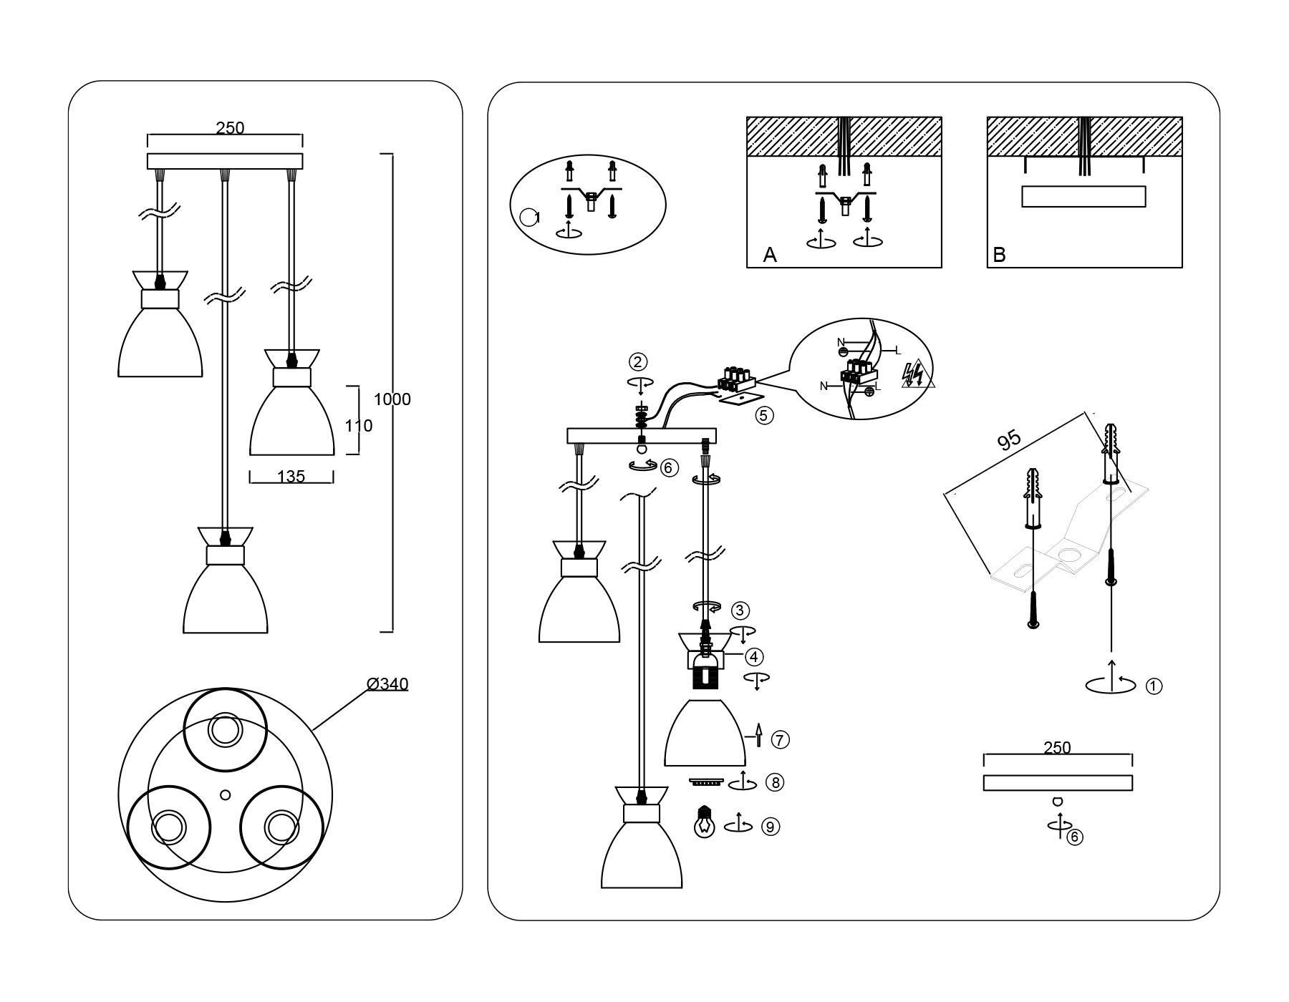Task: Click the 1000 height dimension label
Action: (392, 399)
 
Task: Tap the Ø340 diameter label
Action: (387, 684)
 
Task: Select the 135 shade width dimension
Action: (291, 477)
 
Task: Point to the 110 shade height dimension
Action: (358, 426)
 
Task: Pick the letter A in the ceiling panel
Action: (770, 255)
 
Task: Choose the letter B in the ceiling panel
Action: (999, 255)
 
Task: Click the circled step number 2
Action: (638, 361)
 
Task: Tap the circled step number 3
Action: (740, 611)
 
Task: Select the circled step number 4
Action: (753, 656)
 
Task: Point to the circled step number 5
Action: (764, 415)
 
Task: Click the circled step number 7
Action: (780, 739)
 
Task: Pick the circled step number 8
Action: (774, 783)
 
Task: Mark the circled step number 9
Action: (770, 827)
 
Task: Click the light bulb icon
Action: (705, 822)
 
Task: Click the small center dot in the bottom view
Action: (226, 794)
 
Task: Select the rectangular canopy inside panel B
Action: (1083, 196)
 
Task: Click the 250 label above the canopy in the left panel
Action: (230, 128)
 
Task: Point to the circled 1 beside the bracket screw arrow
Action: (1154, 686)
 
